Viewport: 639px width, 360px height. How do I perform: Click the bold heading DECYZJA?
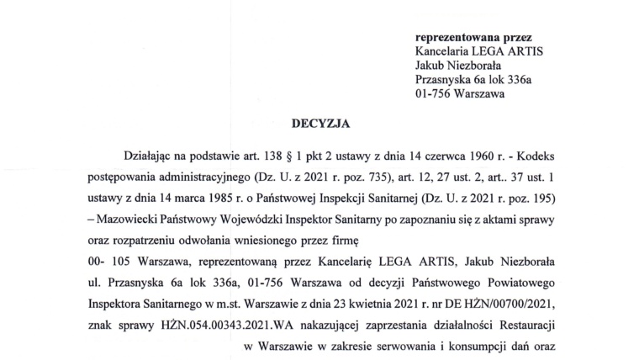[319, 123]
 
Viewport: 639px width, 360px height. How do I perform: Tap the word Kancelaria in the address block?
[445, 50]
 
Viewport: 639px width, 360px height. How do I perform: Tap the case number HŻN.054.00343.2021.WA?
[224, 323]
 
